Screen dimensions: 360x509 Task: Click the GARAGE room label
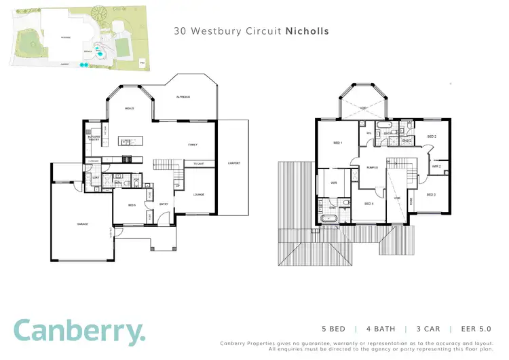[81, 223]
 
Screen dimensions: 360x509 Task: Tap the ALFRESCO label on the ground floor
[183, 97]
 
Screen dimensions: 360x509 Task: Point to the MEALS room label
[129, 108]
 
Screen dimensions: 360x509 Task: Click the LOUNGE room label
[200, 194]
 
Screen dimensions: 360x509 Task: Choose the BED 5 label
[132, 204]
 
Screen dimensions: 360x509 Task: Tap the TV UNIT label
[199, 164]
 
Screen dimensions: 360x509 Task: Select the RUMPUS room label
[372, 167]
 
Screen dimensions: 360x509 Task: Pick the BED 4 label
[369, 203]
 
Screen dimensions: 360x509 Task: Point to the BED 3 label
[430, 194]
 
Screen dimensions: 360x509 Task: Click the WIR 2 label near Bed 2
[436, 166]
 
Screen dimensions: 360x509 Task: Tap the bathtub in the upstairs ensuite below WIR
[329, 219]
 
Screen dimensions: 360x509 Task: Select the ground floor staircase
[166, 164]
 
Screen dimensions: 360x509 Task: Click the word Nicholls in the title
[309, 31]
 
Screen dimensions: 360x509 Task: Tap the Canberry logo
[79, 331]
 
